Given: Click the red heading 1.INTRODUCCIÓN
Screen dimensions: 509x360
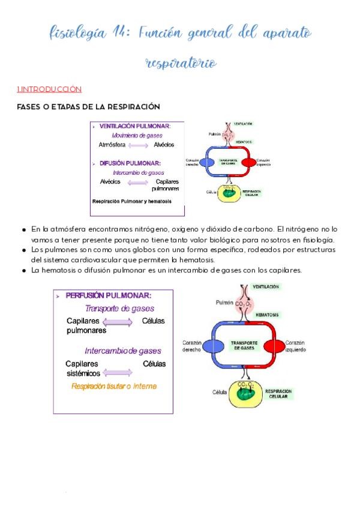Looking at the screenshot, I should click(49, 89).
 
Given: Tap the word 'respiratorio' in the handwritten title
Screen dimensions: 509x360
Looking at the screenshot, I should click(181, 63).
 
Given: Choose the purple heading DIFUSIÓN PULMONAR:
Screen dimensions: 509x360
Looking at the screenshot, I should click(130, 163).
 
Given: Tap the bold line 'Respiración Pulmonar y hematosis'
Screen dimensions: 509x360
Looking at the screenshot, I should click(131, 201).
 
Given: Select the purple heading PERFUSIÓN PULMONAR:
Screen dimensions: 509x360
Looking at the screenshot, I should click(108, 296).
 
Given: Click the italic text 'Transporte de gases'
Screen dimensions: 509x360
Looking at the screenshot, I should click(119, 309).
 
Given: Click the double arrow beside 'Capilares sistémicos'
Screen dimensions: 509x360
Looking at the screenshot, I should click(122, 364).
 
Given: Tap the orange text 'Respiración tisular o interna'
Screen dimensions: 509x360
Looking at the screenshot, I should click(113, 387).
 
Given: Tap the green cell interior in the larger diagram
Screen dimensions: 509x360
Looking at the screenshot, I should click(244, 394).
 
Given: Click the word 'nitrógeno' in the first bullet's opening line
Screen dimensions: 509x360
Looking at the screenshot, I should click(140, 229).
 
